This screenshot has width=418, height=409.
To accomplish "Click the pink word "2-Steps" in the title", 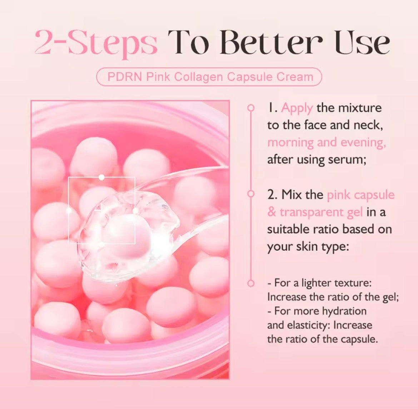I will point(96,43).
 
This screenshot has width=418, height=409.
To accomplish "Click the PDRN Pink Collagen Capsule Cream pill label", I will point(209,77).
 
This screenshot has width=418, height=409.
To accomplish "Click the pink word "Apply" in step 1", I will point(297,108).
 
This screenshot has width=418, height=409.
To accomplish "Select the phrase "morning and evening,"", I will point(327,142).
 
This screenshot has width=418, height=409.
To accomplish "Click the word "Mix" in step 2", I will point(290,195).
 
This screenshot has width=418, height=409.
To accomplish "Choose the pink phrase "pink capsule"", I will point(361,195).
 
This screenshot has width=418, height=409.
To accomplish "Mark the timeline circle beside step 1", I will point(251,107).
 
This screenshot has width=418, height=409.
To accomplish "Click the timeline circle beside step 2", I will point(251,194).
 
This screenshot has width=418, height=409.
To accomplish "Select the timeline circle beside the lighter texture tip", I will point(251,283).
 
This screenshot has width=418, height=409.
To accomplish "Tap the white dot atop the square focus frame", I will point(101,177).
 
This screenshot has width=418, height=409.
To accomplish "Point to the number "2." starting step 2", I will point(272,195).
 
